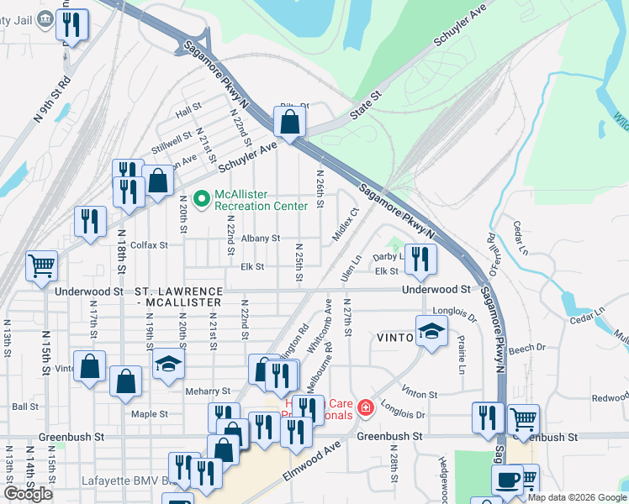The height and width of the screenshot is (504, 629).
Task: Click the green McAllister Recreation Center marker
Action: coord(202,199)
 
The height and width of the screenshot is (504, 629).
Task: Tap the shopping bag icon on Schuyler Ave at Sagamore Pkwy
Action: coord(289,123)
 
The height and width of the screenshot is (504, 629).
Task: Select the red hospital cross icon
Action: coord(365,408)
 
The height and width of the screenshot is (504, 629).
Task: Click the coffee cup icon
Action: coord(507,480)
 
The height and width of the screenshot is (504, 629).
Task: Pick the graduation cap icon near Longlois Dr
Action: coord(431,331)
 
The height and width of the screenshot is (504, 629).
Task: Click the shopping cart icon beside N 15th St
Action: coord(41,265)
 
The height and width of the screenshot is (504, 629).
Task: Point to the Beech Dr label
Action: coord(527,347)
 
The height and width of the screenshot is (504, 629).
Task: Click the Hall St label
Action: coord(188,109)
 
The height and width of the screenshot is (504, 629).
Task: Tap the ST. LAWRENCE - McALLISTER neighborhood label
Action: coord(177,295)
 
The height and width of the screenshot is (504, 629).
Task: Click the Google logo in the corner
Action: coord(29,493)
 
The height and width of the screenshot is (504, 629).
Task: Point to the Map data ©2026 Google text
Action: coord(577,497)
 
